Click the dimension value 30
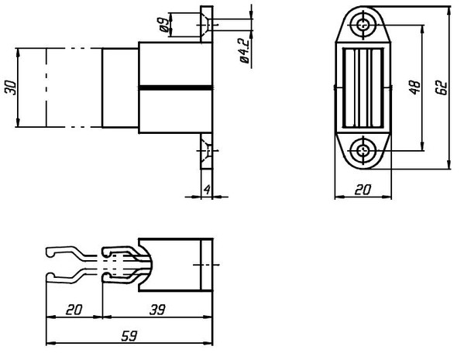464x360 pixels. (x=11, y=87)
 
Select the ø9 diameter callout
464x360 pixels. (x=164, y=24)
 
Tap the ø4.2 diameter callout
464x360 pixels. (x=245, y=50)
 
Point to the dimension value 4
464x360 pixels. (x=207, y=190)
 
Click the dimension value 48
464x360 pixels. (x=415, y=87)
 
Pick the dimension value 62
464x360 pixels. (x=442, y=87)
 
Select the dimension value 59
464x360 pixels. (x=129, y=336)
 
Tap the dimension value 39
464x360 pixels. (x=157, y=310)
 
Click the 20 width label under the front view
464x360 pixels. (x=363, y=190)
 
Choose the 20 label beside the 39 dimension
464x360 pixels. (x=74, y=310)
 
